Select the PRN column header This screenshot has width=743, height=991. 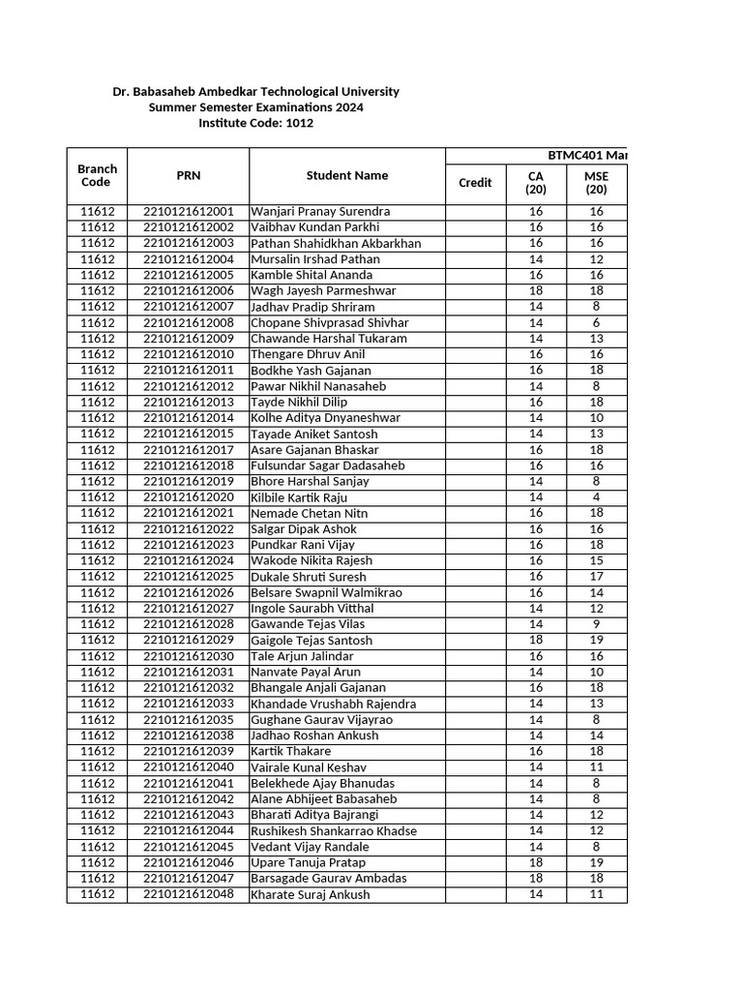tap(189, 175)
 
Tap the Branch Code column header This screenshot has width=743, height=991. tap(97, 175)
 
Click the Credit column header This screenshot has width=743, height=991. tap(475, 182)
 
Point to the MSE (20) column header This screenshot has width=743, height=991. tap(596, 183)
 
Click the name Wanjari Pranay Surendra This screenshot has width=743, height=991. tap(320, 211)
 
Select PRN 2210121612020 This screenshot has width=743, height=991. tap(189, 497)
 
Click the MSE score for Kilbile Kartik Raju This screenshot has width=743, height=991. tap(596, 497)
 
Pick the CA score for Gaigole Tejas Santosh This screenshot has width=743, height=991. tap(536, 640)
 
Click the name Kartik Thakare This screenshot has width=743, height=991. tap(290, 751)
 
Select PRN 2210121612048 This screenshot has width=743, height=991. tap(189, 894)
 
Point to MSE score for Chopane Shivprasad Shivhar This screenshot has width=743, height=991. tap(596, 322)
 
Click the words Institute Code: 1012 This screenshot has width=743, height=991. tap(256, 123)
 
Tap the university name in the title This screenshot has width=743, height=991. tap(256, 91)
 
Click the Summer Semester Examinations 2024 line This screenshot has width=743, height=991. tap(256, 107)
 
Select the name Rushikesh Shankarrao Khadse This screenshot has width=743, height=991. tap(334, 831)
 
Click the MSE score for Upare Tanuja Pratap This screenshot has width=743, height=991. tap(596, 862)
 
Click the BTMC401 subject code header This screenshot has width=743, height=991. tap(580, 156)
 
